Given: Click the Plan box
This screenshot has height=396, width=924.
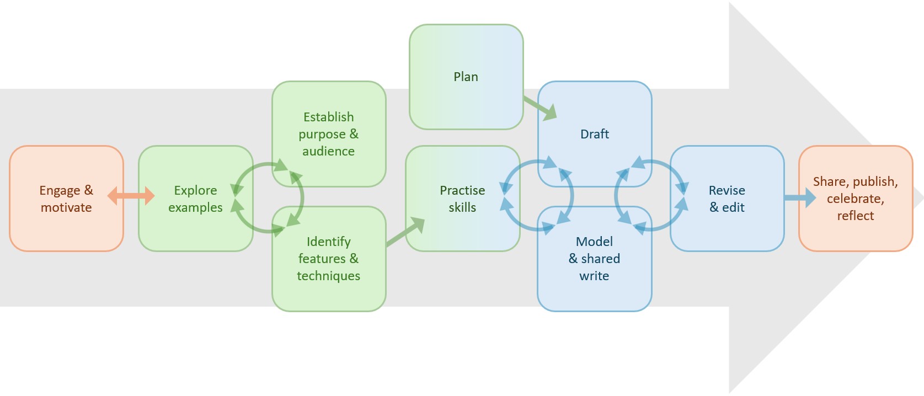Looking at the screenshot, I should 466,77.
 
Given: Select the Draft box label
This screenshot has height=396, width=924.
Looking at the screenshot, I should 595,134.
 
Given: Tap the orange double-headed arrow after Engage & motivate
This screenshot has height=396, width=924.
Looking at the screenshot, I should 131,195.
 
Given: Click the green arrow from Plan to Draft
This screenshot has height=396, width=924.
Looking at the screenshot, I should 540,108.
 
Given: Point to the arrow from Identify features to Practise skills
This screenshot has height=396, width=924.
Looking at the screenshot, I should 405,232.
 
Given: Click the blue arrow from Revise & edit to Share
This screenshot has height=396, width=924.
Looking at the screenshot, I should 799,197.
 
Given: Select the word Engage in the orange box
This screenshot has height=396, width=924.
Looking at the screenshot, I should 60,191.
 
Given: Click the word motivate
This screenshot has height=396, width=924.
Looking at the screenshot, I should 66,207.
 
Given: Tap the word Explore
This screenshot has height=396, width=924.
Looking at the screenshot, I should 195,190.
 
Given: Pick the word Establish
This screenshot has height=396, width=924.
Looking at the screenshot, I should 329,117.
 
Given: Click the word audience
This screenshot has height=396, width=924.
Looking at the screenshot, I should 329,151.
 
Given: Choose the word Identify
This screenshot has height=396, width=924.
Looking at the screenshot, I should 329,242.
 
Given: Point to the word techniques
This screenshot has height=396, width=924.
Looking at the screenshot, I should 329,276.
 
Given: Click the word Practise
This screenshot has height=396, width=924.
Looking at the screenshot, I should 462,190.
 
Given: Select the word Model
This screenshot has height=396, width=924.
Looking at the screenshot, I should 594,242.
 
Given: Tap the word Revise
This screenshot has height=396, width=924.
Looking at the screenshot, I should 727,190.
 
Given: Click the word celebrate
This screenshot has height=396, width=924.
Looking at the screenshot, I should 855,199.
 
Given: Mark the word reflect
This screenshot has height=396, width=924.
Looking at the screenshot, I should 856,216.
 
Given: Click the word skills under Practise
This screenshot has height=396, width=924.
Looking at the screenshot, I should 462,207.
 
